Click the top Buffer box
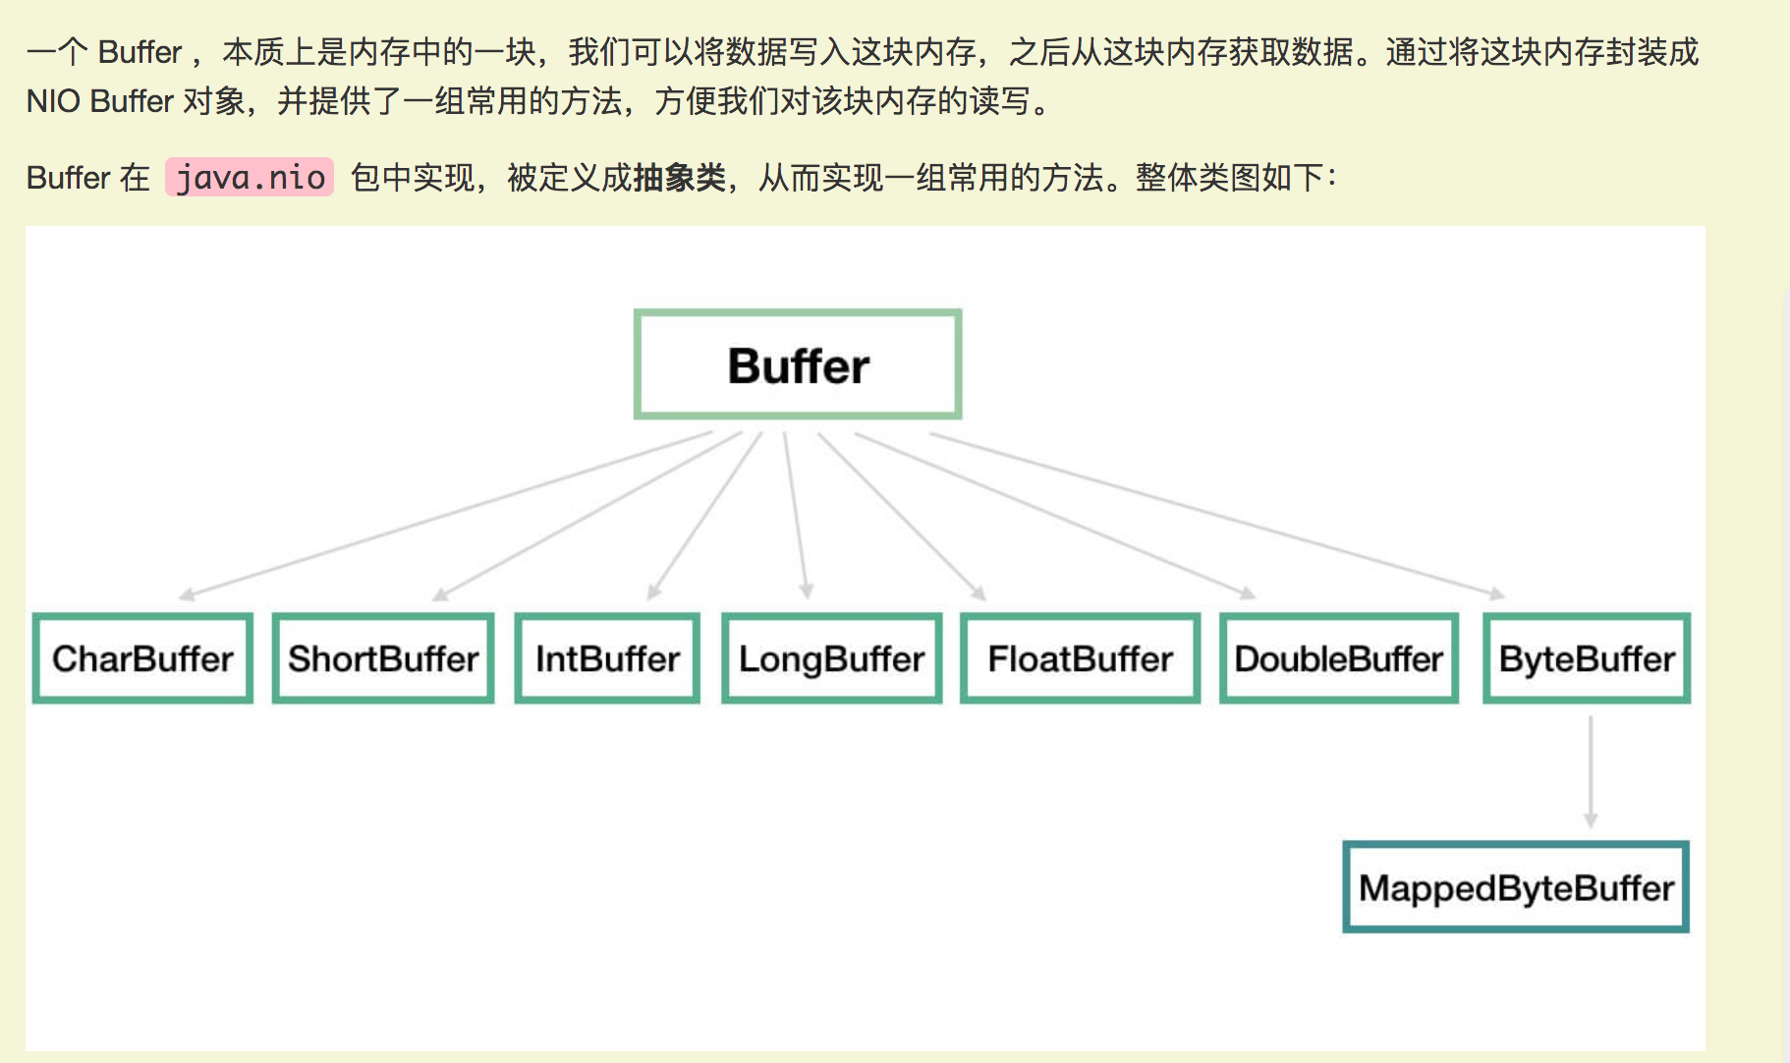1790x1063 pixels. pos(798,365)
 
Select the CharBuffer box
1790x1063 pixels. pos(142,658)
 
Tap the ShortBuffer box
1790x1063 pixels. pos(383,658)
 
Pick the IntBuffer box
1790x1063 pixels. pos(607,658)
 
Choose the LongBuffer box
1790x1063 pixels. pos(831,658)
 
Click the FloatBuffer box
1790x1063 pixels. pos(1080,658)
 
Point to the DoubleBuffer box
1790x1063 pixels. pos(1338,658)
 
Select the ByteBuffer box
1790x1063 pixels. pos(1587,658)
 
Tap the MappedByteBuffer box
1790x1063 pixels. pos(1516,887)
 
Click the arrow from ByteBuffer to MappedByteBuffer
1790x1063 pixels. pos(1591,771)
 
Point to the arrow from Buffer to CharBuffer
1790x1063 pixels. pos(447,514)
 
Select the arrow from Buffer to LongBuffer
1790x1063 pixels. pos(796,516)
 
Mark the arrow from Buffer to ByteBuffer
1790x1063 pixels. pos(1216,514)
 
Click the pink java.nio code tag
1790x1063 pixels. pos(250,178)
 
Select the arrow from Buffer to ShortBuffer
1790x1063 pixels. pos(587,516)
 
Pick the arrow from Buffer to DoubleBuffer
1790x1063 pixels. pos(1054,514)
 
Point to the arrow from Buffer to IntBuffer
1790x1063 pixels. pos(705,516)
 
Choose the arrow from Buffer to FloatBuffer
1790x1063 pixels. pos(901,516)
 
